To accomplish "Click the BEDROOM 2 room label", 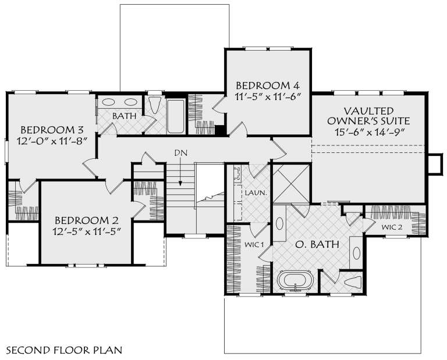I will pos(87,220).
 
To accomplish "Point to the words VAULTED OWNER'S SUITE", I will pos(368,115).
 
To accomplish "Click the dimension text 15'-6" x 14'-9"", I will pos(368,131).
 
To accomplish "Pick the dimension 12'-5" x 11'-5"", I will pos(87,232).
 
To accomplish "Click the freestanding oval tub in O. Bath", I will pos(296,281).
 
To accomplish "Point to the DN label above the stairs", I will pos(180,153).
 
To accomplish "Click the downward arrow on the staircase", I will pos(180,174).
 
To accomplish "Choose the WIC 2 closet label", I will pos(392,227).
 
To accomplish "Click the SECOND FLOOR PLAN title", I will pos(63,350).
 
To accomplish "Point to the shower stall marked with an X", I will pos(289,183).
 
